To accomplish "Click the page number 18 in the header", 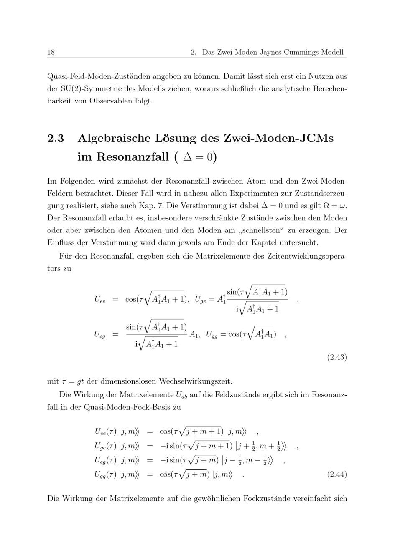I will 51,52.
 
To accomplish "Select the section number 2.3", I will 56,138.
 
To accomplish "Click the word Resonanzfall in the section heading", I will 133,157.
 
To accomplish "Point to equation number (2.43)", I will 336,357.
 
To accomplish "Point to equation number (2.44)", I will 336,474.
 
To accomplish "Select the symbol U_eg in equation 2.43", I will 100,334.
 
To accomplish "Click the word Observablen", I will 111,101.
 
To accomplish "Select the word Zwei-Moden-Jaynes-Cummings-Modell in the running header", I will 273,52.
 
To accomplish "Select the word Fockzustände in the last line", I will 275,499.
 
